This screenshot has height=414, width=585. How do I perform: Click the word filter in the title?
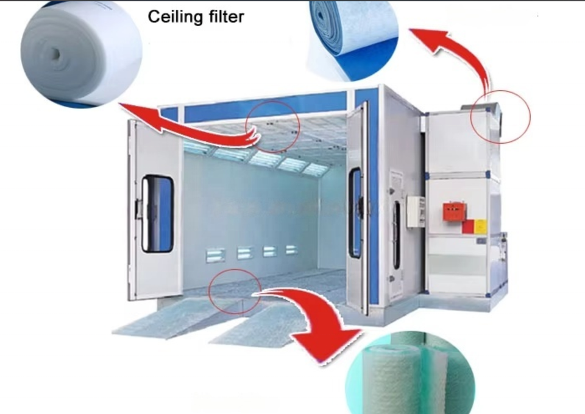point(224,16)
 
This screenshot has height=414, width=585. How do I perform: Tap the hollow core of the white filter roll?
point(55,54)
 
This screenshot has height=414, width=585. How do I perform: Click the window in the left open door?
point(157,213)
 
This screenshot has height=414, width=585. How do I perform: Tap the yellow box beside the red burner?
point(481,226)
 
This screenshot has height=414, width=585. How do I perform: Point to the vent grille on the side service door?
point(397,182)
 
